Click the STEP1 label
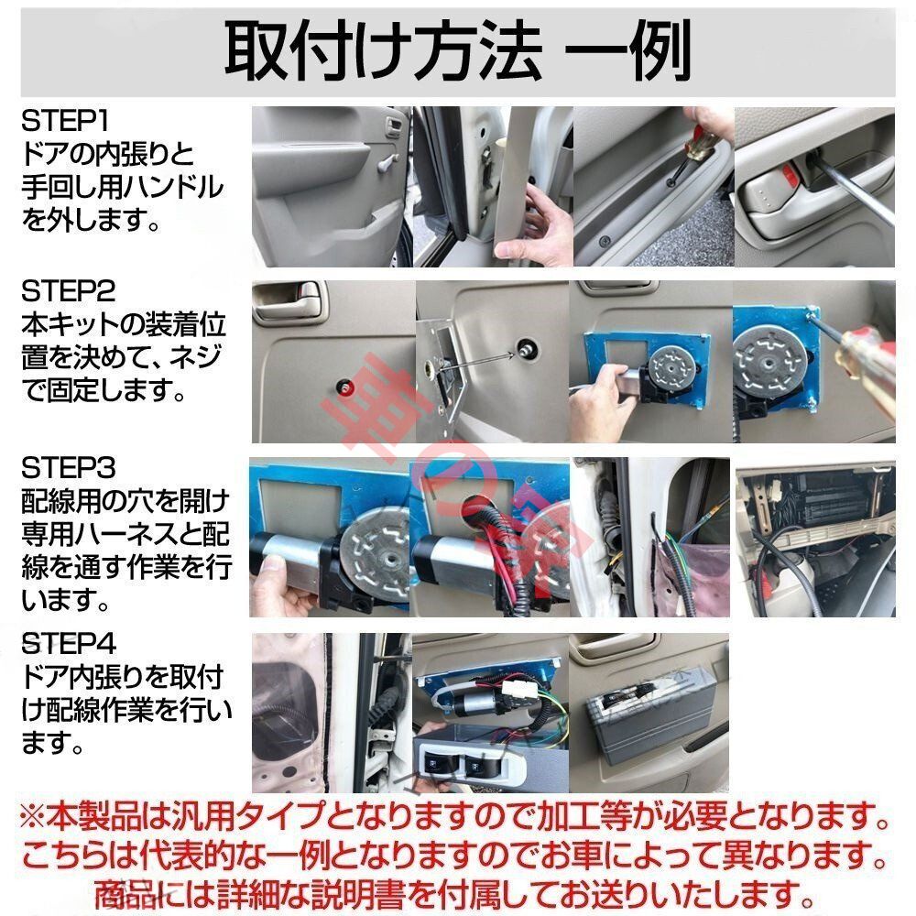tap(69, 120)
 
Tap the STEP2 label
tap(69, 293)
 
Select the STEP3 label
tap(69, 468)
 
